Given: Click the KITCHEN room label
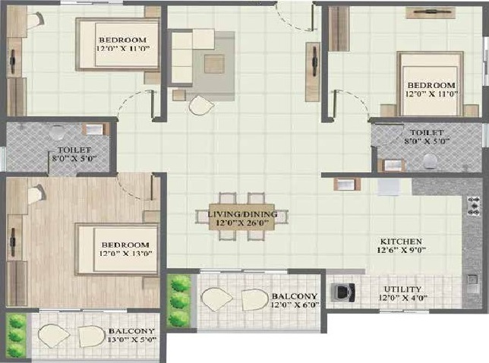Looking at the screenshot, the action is (x=401, y=241).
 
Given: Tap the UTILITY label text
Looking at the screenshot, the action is (x=402, y=289).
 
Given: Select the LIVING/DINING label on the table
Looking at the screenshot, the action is (x=242, y=214).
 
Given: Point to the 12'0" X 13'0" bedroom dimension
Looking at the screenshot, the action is (x=126, y=254).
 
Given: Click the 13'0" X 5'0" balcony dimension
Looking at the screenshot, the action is (x=132, y=339).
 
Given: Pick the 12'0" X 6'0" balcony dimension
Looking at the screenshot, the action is (x=295, y=305).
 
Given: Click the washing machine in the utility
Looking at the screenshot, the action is (x=342, y=292).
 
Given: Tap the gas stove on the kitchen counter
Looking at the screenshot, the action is (x=474, y=206).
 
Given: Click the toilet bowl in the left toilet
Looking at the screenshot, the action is (x=57, y=132).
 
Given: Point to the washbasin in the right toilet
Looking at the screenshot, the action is (x=391, y=166).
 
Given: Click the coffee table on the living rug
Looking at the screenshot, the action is (x=214, y=64).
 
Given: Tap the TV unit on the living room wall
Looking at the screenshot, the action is (x=313, y=71).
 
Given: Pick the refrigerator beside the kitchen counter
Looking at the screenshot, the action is (x=388, y=187).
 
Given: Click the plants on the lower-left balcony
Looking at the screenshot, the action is (x=17, y=336).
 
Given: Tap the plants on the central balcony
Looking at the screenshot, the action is (x=178, y=301).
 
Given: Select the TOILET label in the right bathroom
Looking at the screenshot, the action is (x=422, y=133).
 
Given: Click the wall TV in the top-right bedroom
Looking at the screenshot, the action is (x=431, y=13).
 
